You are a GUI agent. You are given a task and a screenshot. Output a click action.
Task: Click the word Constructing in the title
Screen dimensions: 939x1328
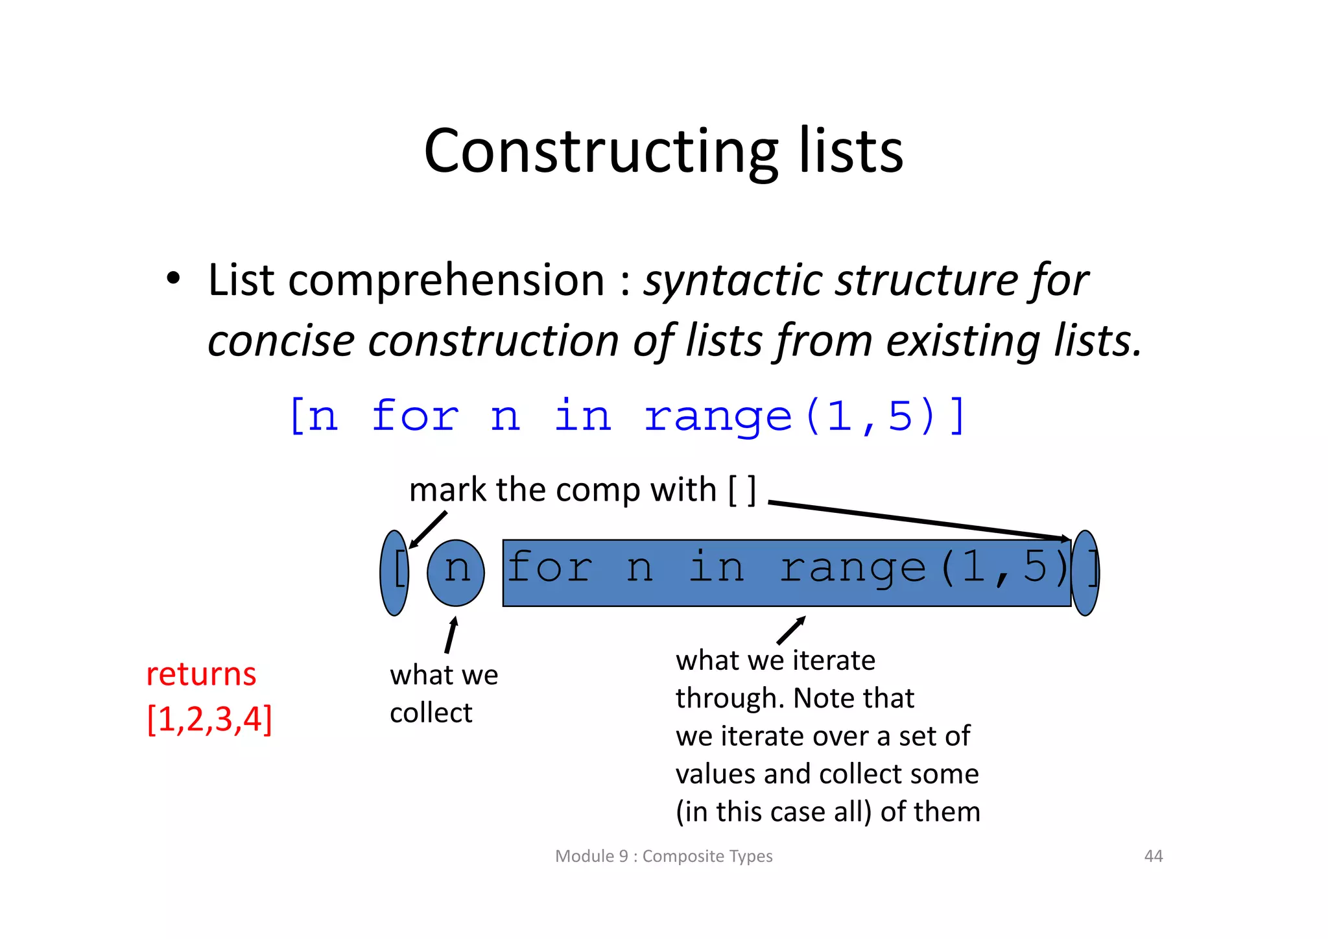(x=600, y=152)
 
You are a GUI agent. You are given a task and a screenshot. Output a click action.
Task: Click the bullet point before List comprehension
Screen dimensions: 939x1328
(x=172, y=279)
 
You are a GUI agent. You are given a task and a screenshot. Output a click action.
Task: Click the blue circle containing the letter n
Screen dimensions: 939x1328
(x=456, y=573)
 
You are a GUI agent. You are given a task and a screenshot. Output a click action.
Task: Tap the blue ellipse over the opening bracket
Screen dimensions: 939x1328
(x=394, y=573)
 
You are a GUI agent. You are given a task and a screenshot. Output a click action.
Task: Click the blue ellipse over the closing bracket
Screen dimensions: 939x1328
(x=1085, y=573)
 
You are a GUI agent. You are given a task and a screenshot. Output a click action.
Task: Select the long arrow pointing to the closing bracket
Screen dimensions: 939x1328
(x=918, y=520)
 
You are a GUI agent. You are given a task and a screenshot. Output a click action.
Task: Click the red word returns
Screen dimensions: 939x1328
(x=201, y=674)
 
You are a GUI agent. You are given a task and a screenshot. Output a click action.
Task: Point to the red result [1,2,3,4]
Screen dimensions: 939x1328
(x=209, y=719)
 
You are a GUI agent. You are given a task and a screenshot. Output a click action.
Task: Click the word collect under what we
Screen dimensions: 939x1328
(x=431, y=713)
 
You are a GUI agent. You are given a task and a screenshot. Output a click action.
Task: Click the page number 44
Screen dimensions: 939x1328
(x=1153, y=856)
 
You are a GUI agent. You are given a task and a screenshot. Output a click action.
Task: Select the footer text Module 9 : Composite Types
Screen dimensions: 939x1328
(x=663, y=856)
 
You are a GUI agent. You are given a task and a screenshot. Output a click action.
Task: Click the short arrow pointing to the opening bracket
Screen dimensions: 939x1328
(x=428, y=530)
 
